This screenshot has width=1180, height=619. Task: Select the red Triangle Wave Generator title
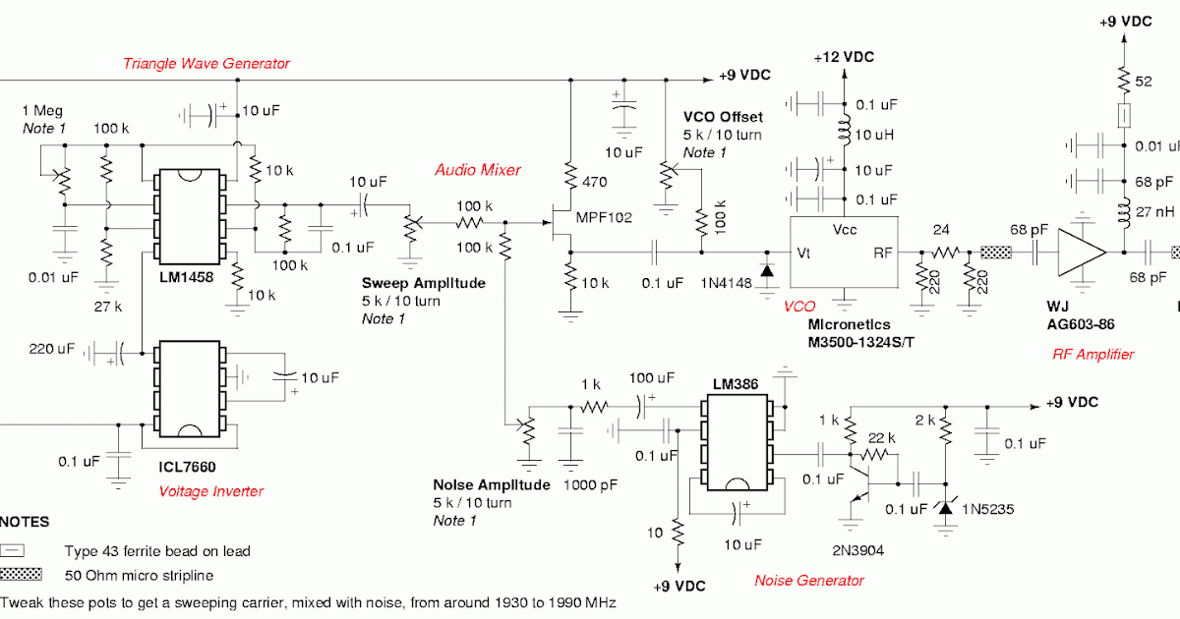coord(206,64)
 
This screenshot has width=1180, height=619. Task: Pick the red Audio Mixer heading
coord(478,170)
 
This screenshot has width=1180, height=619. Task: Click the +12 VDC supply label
coord(844,58)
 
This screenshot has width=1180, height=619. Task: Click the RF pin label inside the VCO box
coord(883,253)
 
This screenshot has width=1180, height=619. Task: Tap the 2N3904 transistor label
coord(859,551)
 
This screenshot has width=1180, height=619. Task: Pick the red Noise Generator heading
coord(809,580)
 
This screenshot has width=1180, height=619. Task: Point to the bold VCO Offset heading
coord(723,117)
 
